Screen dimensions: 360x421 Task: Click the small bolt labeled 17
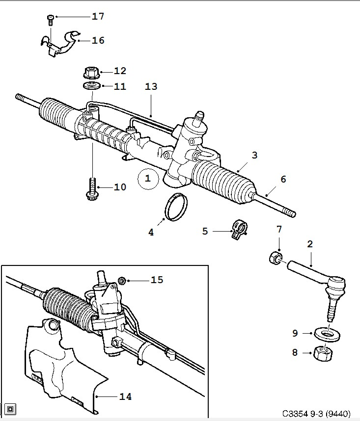[x=50, y=20]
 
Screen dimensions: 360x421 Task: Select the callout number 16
[x=98, y=41]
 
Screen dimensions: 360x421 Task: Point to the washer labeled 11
[x=92, y=86]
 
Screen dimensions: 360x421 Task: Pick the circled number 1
[x=148, y=179]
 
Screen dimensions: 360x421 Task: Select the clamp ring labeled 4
[x=176, y=207]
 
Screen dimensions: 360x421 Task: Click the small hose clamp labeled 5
[x=239, y=230]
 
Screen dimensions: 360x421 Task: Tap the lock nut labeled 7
[x=276, y=258]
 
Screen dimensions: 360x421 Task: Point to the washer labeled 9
[x=327, y=334]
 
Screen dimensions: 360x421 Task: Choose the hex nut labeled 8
[x=323, y=353]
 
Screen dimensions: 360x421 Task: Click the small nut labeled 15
[x=122, y=281]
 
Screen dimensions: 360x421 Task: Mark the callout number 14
[x=125, y=396]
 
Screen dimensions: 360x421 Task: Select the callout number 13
[x=151, y=86]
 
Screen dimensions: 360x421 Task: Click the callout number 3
[x=255, y=155]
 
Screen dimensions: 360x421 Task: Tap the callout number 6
[x=283, y=179]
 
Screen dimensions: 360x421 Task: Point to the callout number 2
[x=310, y=244]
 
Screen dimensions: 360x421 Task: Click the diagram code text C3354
[x=295, y=414]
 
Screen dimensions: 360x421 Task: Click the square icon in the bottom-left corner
[x=10, y=409]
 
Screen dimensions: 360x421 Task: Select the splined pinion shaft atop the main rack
[x=199, y=118]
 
